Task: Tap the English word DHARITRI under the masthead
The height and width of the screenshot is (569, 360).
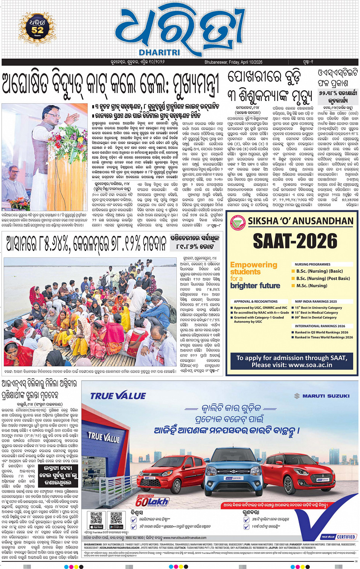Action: pyautogui.click(x=159, y=53)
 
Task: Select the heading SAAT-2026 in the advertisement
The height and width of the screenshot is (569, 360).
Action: pyautogui.click(x=295, y=241)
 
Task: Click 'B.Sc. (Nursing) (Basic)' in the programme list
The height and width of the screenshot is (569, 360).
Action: pyautogui.click(x=319, y=271)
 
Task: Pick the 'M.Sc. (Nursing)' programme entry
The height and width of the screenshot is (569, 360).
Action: pyautogui.click(x=312, y=286)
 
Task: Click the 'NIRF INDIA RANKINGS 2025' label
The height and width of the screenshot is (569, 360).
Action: pyautogui.click(x=316, y=301)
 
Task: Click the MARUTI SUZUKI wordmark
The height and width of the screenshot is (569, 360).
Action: pyautogui.click(x=322, y=396)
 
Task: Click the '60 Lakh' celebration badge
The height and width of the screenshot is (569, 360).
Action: pyautogui.click(x=152, y=501)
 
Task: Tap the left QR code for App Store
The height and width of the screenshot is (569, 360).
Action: pyautogui.click(x=96, y=519)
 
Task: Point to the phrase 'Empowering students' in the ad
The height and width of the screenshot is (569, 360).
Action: pyautogui.click(x=254, y=268)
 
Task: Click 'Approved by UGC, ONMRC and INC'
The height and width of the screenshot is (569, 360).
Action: pyautogui.click(x=261, y=308)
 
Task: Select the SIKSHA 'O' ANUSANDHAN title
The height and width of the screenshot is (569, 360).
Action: pyautogui.click(x=301, y=221)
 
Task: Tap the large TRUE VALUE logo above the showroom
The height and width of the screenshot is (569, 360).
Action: pyautogui.click(x=118, y=396)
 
